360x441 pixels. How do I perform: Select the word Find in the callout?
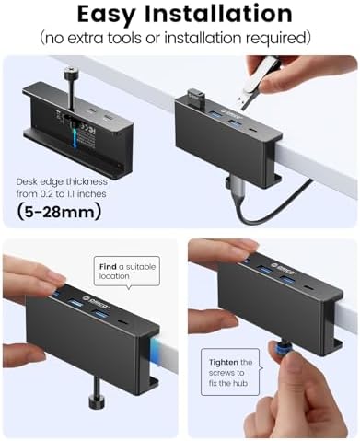pos(109,266)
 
